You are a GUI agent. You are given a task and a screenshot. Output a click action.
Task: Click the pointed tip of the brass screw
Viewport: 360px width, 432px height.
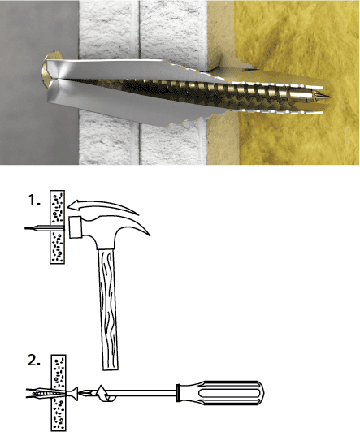pos(330,97)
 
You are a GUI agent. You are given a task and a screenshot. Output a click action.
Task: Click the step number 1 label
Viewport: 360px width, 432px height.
pos(34,200)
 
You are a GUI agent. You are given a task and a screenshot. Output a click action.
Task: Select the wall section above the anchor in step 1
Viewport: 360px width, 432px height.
pos(58,207)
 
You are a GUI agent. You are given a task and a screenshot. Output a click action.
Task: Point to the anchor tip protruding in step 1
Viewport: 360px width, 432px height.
pos(37,228)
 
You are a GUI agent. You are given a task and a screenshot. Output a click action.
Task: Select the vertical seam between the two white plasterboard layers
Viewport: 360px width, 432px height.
pos(139,83)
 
